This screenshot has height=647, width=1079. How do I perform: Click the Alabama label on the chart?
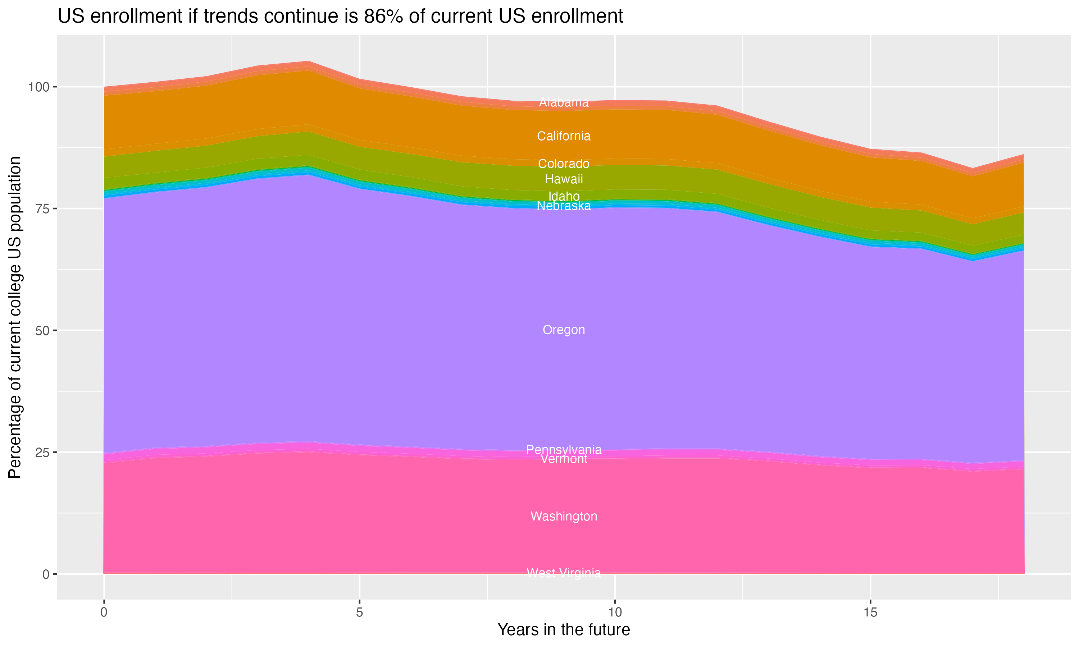tap(564, 102)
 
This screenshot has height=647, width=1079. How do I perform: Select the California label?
tap(564, 136)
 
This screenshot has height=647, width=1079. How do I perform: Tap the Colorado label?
tap(564, 164)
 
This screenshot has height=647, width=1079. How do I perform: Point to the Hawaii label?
tap(564, 179)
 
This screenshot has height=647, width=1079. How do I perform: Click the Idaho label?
tap(564, 196)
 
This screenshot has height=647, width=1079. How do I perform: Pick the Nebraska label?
tap(564, 206)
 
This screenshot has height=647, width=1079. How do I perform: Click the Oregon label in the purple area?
tap(564, 330)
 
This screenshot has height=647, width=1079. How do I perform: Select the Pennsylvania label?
tap(564, 450)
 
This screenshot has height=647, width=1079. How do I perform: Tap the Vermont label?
tap(564, 459)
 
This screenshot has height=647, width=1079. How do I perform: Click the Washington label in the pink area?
tap(564, 516)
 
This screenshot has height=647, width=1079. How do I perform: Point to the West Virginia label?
tap(564, 573)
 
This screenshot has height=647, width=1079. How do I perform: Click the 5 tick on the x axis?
tap(359, 612)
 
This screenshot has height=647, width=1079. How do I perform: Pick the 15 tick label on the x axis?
tap(870, 612)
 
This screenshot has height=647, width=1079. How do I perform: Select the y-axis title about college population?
tap(15, 317)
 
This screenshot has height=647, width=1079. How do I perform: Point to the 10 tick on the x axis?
tap(615, 612)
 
